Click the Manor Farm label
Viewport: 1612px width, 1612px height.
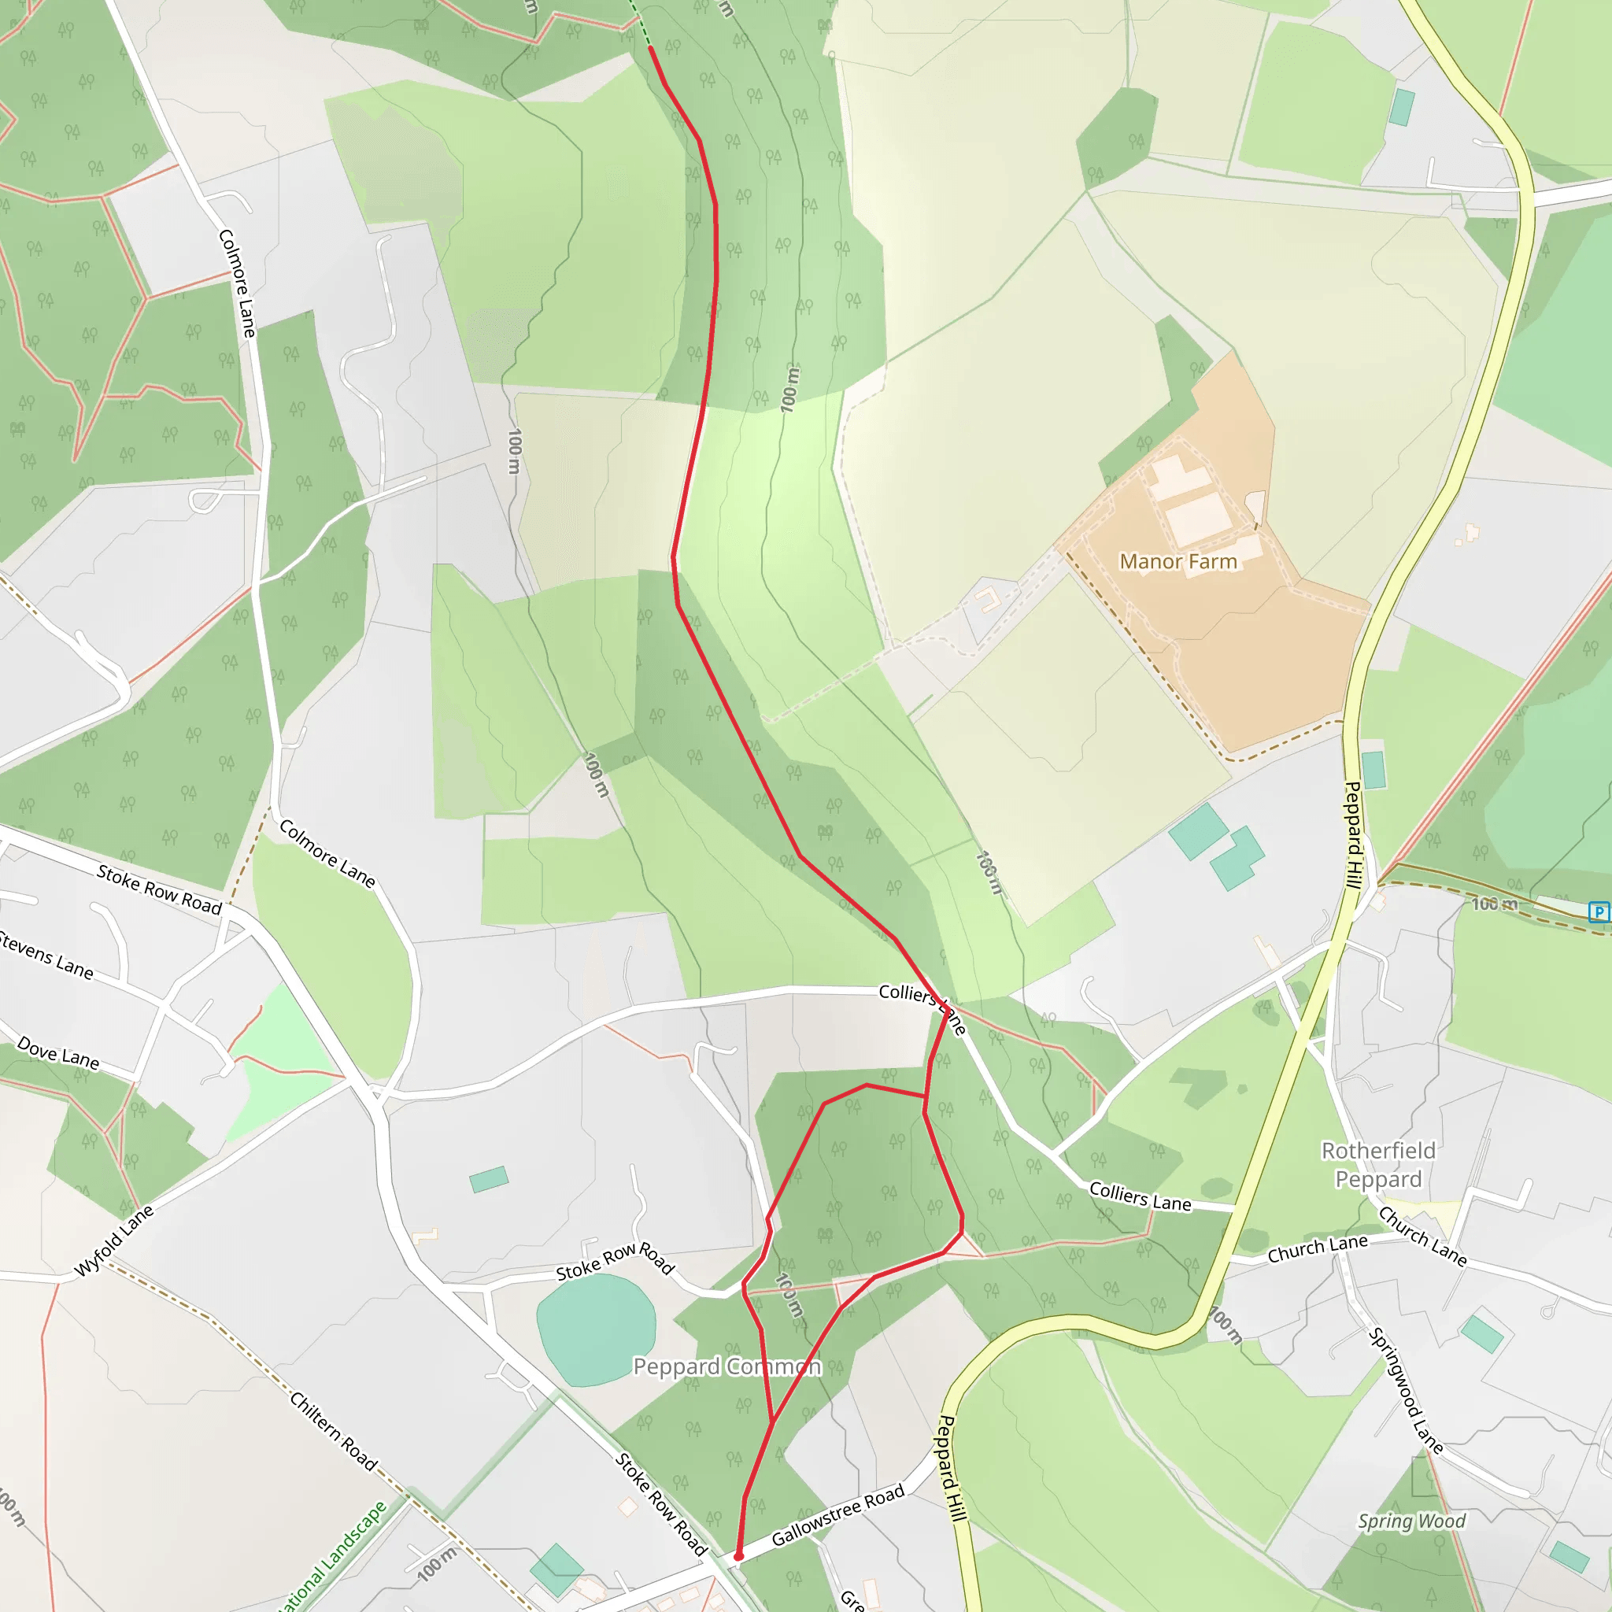point(1178,561)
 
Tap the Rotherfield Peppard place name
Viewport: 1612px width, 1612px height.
point(1378,1165)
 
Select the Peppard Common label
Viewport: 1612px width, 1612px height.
point(727,1366)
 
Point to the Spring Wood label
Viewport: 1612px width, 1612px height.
point(1411,1521)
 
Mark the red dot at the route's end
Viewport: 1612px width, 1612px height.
point(738,1556)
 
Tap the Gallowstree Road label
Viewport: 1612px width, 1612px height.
point(837,1515)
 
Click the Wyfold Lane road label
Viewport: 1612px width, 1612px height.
point(114,1240)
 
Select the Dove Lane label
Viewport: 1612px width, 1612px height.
point(58,1053)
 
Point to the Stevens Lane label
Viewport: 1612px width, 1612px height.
point(46,955)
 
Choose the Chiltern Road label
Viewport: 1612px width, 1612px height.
point(334,1431)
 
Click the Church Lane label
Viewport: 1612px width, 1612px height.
point(1318,1248)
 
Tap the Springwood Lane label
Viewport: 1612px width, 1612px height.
point(1406,1390)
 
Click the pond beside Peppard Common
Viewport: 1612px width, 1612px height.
point(595,1329)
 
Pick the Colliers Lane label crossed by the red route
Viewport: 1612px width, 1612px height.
point(922,1004)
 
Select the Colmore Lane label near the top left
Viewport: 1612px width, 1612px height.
point(237,283)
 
